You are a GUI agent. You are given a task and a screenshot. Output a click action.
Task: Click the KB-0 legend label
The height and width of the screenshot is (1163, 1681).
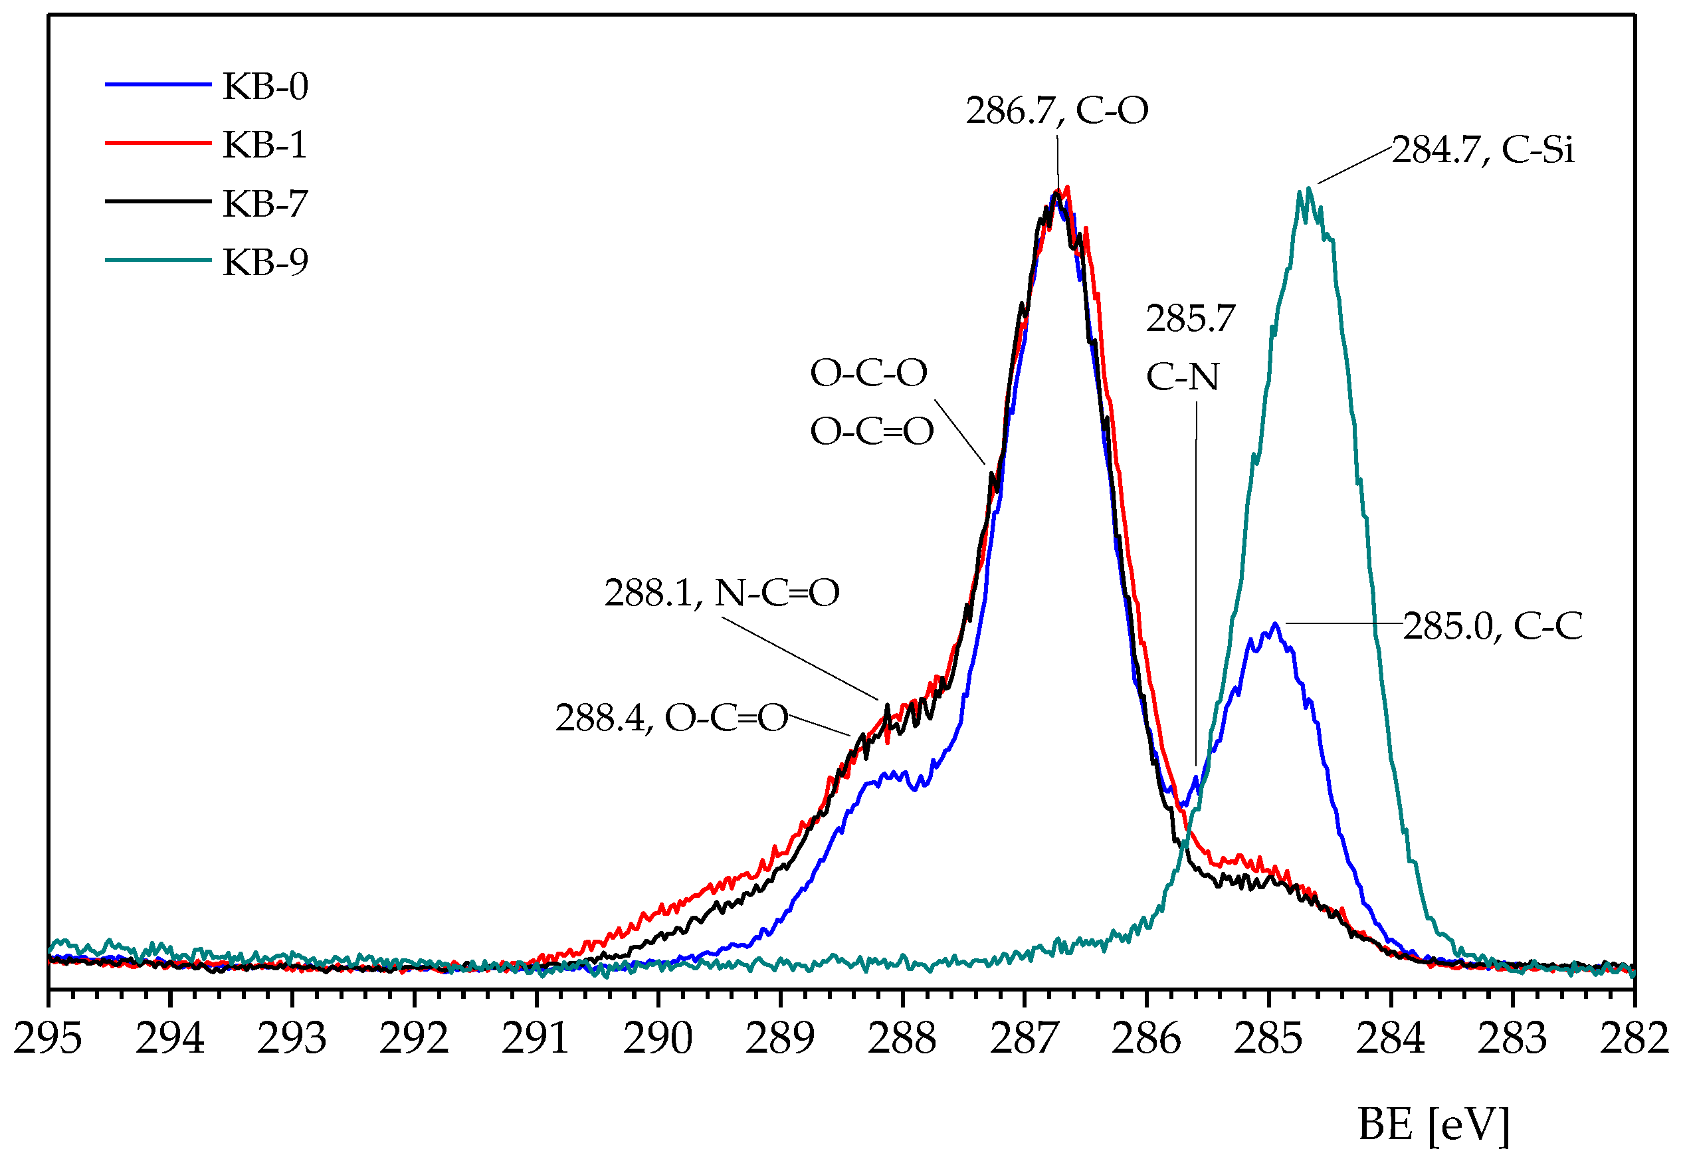[x=265, y=86]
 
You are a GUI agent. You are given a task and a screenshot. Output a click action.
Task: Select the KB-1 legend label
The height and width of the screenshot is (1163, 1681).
[x=264, y=145]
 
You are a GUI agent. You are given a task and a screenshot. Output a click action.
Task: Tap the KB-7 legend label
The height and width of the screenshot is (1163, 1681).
[x=265, y=203]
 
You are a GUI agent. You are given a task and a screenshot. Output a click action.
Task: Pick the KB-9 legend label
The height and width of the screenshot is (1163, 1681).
[x=265, y=262]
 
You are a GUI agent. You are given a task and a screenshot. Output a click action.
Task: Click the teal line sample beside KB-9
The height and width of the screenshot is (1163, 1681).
[x=158, y=260]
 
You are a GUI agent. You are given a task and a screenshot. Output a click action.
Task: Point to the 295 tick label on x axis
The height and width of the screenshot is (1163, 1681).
[x=48, y=1038]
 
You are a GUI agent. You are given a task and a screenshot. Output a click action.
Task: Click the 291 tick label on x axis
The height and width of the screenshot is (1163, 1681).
[x=536, y=1038]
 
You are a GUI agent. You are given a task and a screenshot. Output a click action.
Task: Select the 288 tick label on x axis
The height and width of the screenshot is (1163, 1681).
[x=902, y=1038]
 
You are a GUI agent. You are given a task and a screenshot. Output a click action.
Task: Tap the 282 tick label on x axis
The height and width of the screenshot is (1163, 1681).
[x=1634, y=1038]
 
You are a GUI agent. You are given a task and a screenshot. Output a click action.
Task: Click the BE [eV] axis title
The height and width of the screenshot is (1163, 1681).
[x=1433, y=1124]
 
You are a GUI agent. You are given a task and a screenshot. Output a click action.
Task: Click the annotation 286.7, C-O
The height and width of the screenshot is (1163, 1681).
[x=1057, y=111]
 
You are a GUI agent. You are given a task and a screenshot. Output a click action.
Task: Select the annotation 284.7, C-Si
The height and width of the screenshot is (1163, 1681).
[x=1483, y=150]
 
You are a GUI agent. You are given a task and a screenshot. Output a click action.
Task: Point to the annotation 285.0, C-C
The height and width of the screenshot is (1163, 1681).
[x=1492, y=626]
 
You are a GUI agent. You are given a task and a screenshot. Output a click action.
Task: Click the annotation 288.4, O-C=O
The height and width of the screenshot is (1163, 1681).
[x=672, y=718]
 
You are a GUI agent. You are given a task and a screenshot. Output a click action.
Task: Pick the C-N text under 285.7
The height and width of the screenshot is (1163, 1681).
[x=1182, y=377]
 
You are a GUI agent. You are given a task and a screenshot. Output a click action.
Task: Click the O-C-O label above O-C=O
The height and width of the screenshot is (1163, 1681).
[x=868, y=373]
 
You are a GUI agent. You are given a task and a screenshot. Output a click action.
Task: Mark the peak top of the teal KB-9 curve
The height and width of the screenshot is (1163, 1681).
[x=1309, y=191]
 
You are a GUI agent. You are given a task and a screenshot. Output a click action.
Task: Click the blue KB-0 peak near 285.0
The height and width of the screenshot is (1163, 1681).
[x=1274, y=625]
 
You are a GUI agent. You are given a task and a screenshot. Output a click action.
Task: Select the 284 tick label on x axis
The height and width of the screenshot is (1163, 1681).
[x=1390, y=1038]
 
